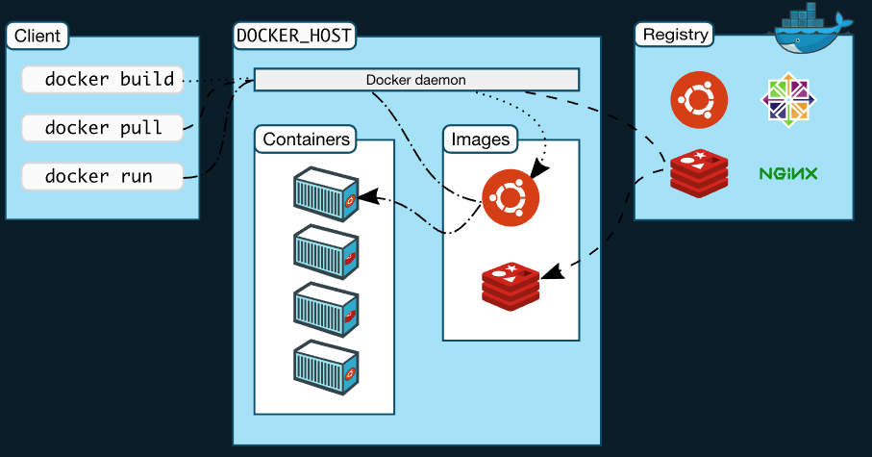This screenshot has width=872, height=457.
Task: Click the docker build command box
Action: pyautogui.click(x=102, y=80)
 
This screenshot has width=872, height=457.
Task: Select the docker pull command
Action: pyautogui.click(x=102, y=128)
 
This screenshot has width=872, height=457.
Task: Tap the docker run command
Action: pyautogui.click(x=102, y=177)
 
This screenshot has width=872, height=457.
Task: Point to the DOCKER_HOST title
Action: pyautogui.click(x=294, y=37)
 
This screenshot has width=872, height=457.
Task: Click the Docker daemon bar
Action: pyautogui.click(x=416, y=80)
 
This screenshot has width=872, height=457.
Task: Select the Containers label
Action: pyautogui.click(x=306, y=140)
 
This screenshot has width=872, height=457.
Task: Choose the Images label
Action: pyautogui.click(x=480, y=140)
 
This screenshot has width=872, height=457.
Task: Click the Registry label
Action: pyautogui.click(x=675, y=36)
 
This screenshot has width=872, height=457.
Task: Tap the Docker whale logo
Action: pyautogui.click(x=813, y=30)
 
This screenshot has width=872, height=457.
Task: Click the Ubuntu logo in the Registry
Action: pyautogui.click(x=699, y=100)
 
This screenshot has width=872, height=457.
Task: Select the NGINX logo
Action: pyautogui.click(x=788, y=174)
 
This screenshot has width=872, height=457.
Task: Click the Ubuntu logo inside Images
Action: pyautogui.click(x=511, y=197)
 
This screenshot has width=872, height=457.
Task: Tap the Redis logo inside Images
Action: pyautogui.click(x=511, y=285)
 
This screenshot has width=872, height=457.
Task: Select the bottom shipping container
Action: pyautogui.click(x=326, y=365)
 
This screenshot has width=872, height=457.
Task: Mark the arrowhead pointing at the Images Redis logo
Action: pyautogui.click(x=551, y=274)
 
